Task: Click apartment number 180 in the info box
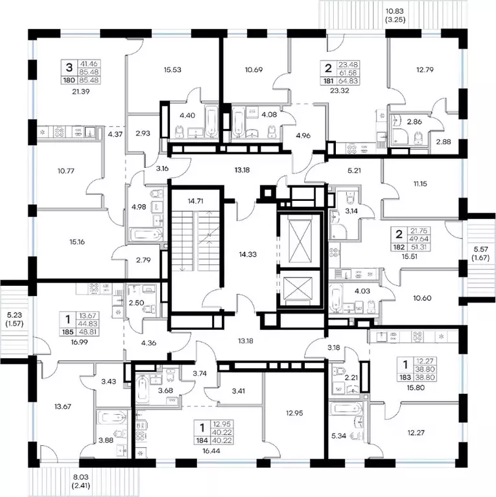[69, 80]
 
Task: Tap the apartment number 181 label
[329, 81]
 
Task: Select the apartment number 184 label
[202, 441]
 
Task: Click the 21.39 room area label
[81, 91]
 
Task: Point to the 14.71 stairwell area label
[195, 201]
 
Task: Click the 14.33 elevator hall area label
[248, 254]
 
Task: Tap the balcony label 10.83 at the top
[395, 12]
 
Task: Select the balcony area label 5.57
[480, 249]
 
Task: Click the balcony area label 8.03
[81, 477]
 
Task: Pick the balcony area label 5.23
[15, 315]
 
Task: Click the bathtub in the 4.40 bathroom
[211, 122]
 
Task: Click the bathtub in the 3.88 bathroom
[111, 417]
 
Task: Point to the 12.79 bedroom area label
[425, 70]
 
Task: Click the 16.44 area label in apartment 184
[211, 451]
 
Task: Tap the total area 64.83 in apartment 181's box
[348, 81]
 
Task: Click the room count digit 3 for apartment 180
[69, 67]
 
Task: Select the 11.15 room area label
[420, 183]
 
